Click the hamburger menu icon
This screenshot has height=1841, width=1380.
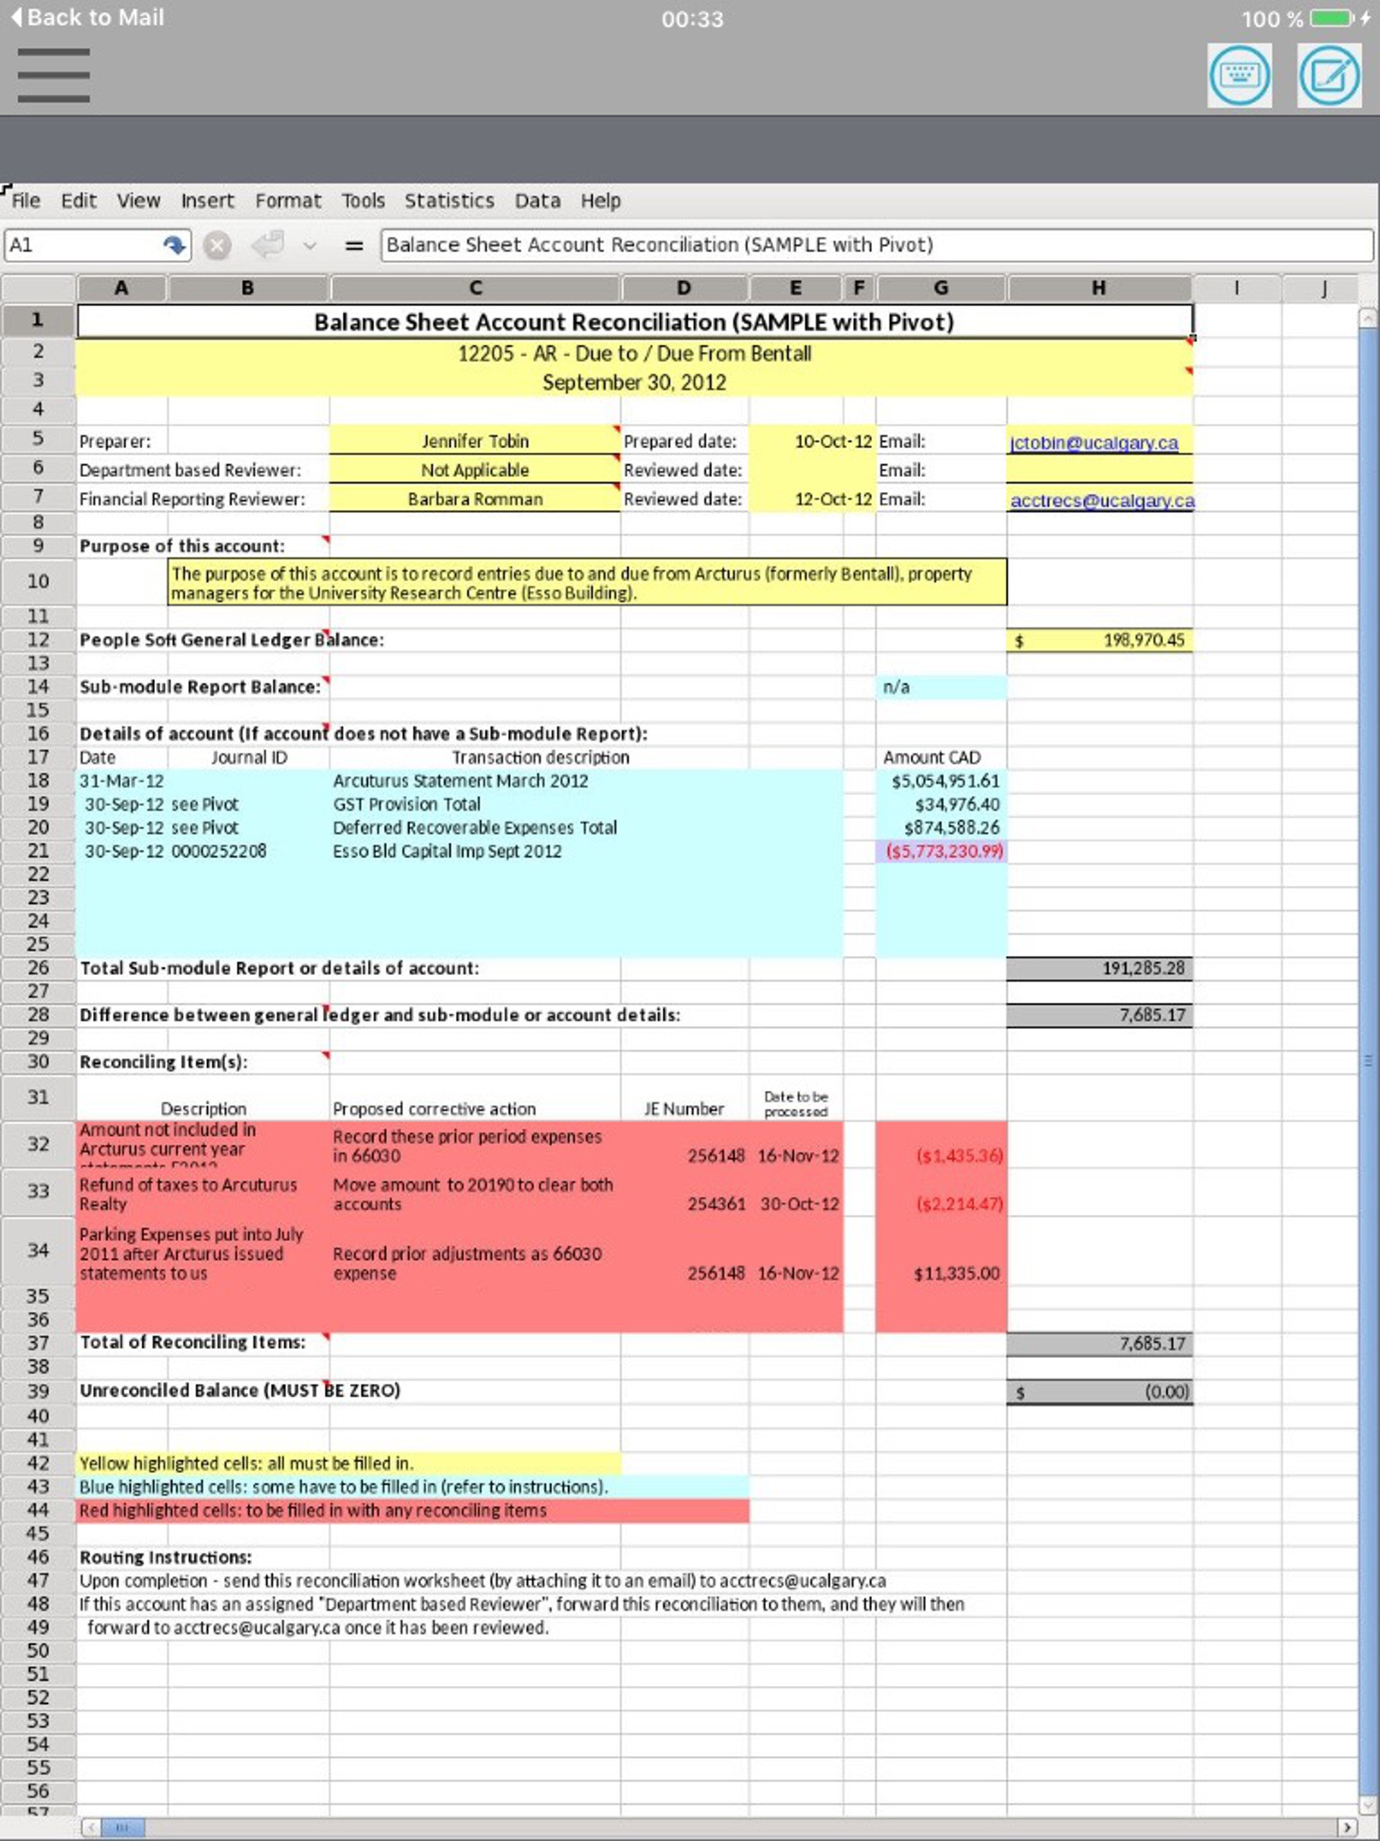53,75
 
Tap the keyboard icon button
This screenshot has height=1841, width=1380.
1239,75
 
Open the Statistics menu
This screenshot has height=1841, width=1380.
449,201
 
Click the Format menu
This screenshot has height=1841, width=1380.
287,201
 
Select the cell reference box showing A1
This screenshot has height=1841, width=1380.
84,245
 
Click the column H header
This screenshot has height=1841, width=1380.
1098,288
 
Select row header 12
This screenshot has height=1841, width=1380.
38,639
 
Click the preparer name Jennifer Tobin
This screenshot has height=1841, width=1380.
474,441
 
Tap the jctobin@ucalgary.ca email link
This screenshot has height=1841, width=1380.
1094,443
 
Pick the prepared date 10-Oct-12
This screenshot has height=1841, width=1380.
832,441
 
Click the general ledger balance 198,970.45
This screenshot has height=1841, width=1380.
1143,640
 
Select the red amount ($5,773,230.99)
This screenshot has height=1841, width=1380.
944,851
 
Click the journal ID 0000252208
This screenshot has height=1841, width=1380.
219,851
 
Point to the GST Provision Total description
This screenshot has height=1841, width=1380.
406,804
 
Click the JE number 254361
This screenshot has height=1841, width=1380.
716,1204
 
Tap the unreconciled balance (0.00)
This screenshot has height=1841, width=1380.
1166,1392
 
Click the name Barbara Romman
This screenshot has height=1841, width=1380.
474,499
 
